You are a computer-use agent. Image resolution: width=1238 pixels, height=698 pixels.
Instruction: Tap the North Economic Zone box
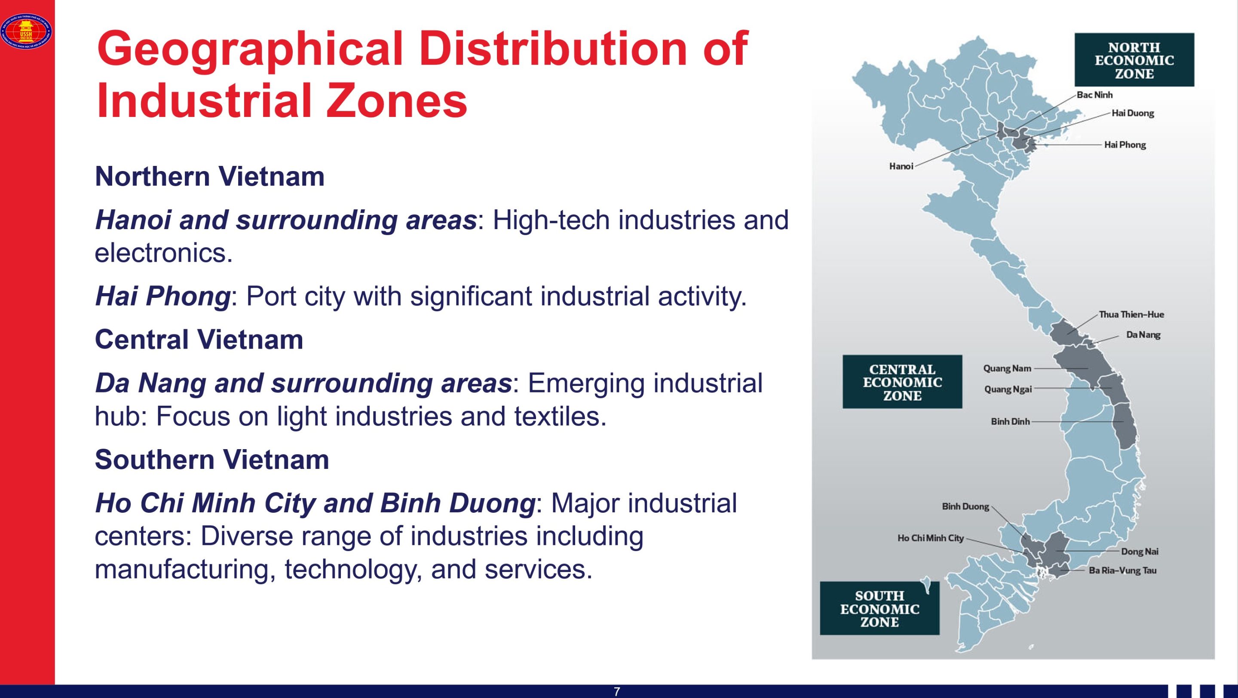(x=1134, y=60)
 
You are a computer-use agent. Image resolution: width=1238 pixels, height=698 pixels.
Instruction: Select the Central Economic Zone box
(x=902, y=382)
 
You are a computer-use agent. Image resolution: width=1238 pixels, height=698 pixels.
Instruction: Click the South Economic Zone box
(x=879, y=608)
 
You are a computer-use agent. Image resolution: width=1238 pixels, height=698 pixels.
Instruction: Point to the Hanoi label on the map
(x=901, y=166)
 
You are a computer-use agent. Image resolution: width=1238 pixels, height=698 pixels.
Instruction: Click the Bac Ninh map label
(x=1095, y=95)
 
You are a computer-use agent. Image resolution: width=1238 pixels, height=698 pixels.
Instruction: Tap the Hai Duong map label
(x=1133, y=113)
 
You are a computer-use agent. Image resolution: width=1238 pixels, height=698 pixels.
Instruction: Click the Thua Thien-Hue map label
(x=1132, y=315)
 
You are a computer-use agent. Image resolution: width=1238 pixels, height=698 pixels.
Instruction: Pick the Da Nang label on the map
(x=1143, y=335)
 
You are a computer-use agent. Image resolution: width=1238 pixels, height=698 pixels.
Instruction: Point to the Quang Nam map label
(x=1007, y=368)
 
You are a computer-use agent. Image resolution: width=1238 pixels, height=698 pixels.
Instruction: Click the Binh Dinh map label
(x=1010, y=422)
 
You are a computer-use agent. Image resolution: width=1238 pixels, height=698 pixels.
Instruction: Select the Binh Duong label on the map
(x=965, y=507)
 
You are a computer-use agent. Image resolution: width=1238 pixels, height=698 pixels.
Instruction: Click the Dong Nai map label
(x=1140, y=551)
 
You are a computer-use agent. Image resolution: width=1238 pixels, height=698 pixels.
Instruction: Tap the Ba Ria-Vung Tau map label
(x=1123, y=571)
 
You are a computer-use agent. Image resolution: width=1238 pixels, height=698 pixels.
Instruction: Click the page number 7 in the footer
(x=617, y=692)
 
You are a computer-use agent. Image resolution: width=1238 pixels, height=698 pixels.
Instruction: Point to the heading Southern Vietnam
(x=212, y=460)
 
